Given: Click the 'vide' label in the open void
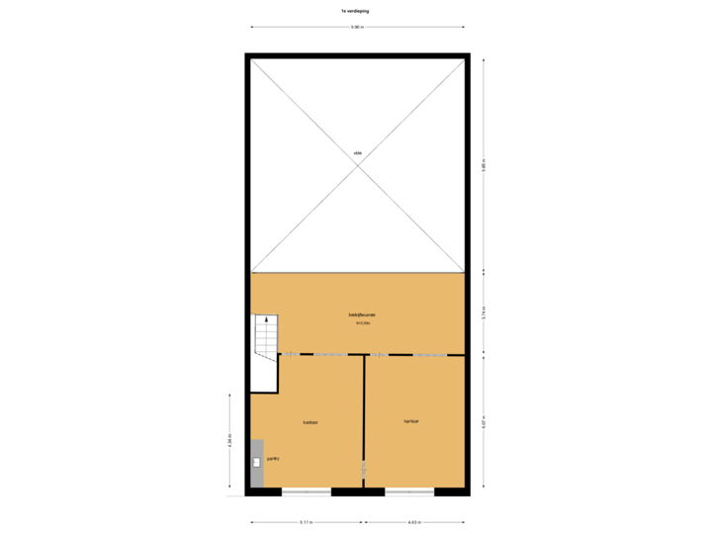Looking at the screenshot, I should pyautogui.click(x=357, y=152).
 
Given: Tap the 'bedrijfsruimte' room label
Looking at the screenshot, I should pyautogui.click(x=361, y=314).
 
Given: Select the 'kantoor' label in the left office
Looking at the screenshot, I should pyautogui.click(x=310, y=422).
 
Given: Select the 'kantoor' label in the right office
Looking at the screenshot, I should pyautogui.click(x=411, y=421).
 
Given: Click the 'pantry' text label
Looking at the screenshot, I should pyautogui.click(x=273, y=459).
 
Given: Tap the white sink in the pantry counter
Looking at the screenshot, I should pyautogui.click(x=257, y=462).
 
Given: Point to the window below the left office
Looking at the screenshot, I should pyautogui.click(x=306, y=491).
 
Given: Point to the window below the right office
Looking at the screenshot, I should pyautogui.click(x=409, y=491).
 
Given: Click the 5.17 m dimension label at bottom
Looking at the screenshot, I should pyautogui.click(x=307, y=521).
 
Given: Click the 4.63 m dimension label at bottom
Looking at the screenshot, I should pyautogui.click(x=414, y=521).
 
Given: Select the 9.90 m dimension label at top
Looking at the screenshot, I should pyautogui.click(x=357, y=27).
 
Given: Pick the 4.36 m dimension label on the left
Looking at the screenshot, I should pyautogui.click(x=229, y=440).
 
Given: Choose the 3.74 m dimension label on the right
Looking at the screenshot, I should pyautogui.click(x=484, y=311).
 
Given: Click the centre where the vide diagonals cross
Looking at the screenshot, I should pyautogui.click(x=357, y=164).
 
